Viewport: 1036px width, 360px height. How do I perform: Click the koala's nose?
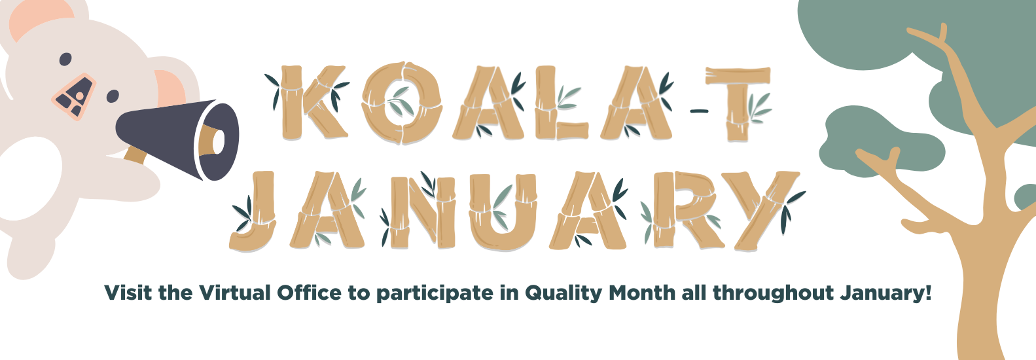74,97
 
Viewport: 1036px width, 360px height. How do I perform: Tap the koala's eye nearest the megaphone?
113,96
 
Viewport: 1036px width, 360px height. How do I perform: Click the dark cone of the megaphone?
178,139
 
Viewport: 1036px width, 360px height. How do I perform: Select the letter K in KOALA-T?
313,102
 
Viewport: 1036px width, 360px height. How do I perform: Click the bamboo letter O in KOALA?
401,103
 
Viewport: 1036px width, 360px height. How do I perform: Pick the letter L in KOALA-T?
561,102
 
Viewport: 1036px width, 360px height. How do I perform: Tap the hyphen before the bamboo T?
699,111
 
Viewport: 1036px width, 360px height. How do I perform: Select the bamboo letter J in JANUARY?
253,211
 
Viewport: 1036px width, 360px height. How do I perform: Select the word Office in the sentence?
309,293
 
